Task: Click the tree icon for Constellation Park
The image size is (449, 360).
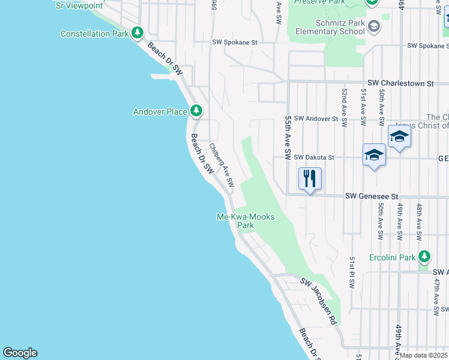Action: point(138,32)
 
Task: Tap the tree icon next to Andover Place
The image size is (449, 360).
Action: point(196,110)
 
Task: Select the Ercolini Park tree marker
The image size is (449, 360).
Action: point(424,257)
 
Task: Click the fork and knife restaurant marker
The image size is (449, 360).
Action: point(310,179)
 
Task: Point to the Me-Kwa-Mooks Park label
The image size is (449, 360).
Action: point(245,221)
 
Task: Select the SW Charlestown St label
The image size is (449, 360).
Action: point(400,83)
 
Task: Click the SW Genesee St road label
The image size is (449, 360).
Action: point(372,196)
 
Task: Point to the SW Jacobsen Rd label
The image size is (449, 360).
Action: point(318,302)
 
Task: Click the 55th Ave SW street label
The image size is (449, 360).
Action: point(288,137)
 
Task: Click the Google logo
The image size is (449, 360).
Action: point(20,353)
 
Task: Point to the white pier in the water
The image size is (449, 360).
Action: point(166,76)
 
